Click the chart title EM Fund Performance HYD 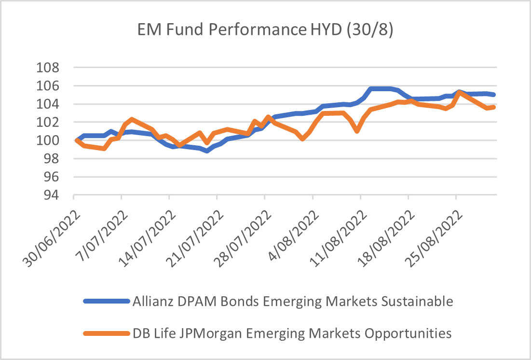point(265,31)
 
